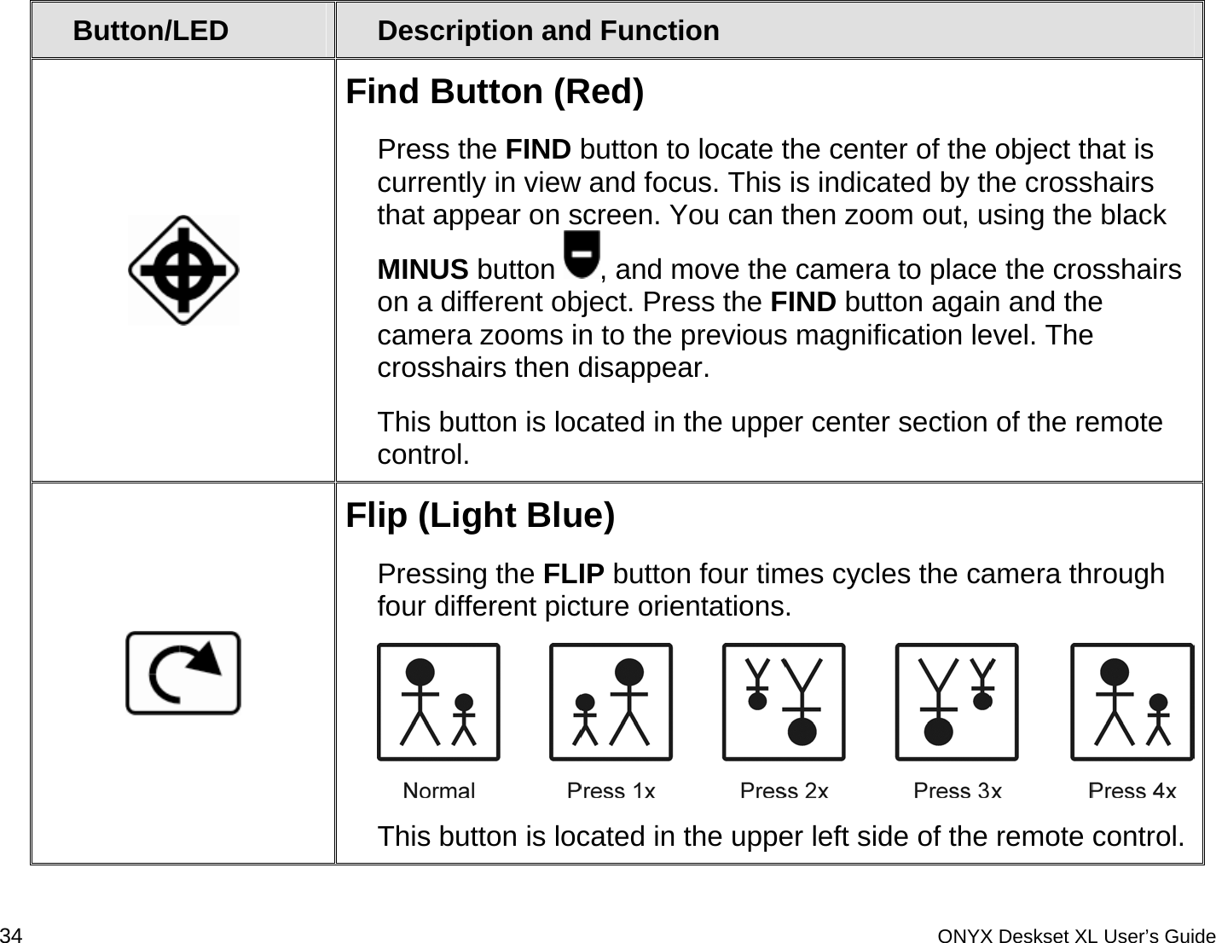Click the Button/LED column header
[x=151, y=31]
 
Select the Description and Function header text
[x=548, y=31]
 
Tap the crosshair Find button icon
[x=183, y=270]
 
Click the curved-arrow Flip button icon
[x=183, y=673]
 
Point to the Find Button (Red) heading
[x=495, y=91]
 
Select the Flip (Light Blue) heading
[x=480, y=516]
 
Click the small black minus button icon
[x=583, y=254]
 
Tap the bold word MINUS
[x=423, y=270]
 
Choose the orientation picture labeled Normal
[x=438, y=702]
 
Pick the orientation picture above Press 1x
[x=611, y=702]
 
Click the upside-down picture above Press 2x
[x=784, y=702]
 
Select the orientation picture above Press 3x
[x=956, y=702]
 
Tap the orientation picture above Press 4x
[x=1132, y=702]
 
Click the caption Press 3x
[x=957, y=791]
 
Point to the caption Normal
[x=438, y=791]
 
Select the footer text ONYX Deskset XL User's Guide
[x=1076, y=935]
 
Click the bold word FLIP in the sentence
[x=574, y=574]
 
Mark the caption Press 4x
[x=1132, y=791]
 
